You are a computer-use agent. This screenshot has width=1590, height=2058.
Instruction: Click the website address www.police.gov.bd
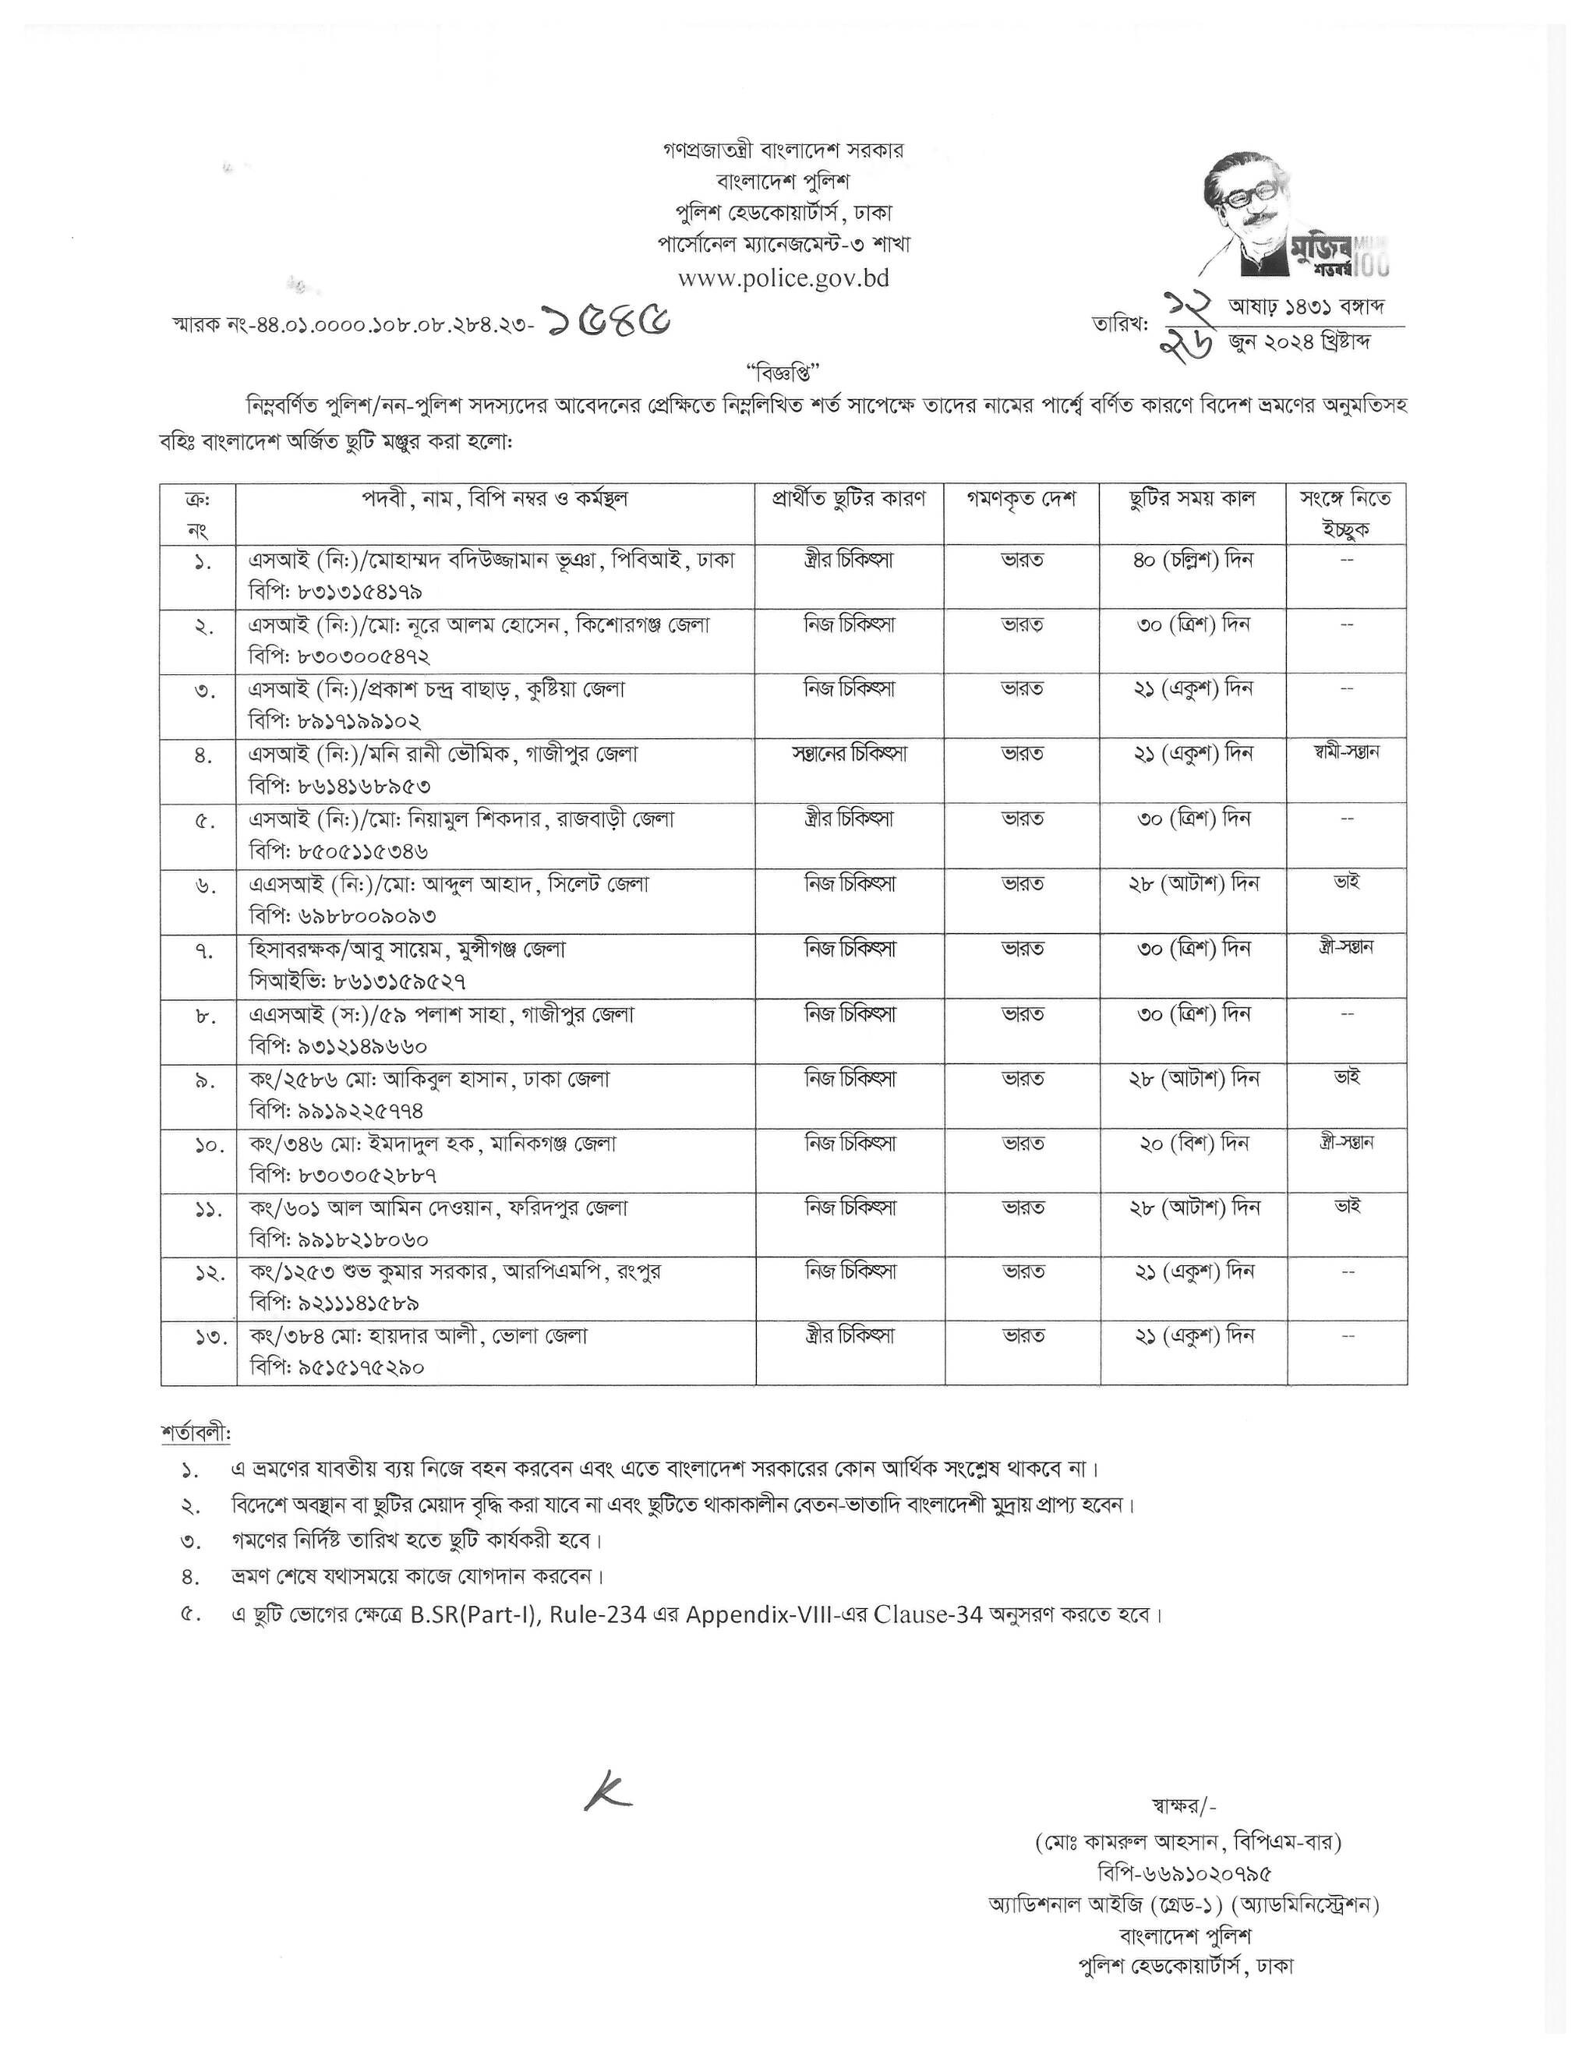[783, 278]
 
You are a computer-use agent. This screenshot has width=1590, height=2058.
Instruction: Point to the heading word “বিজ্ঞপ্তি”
[783, 371]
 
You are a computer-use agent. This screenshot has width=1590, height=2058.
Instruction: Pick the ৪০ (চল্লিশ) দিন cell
[1192, 560]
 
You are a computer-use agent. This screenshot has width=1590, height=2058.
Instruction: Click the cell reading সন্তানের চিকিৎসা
[850, 754]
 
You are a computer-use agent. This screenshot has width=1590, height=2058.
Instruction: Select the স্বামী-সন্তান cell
[1346, 752]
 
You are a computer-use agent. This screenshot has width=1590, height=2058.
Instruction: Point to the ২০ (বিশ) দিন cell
[1192, 1143]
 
